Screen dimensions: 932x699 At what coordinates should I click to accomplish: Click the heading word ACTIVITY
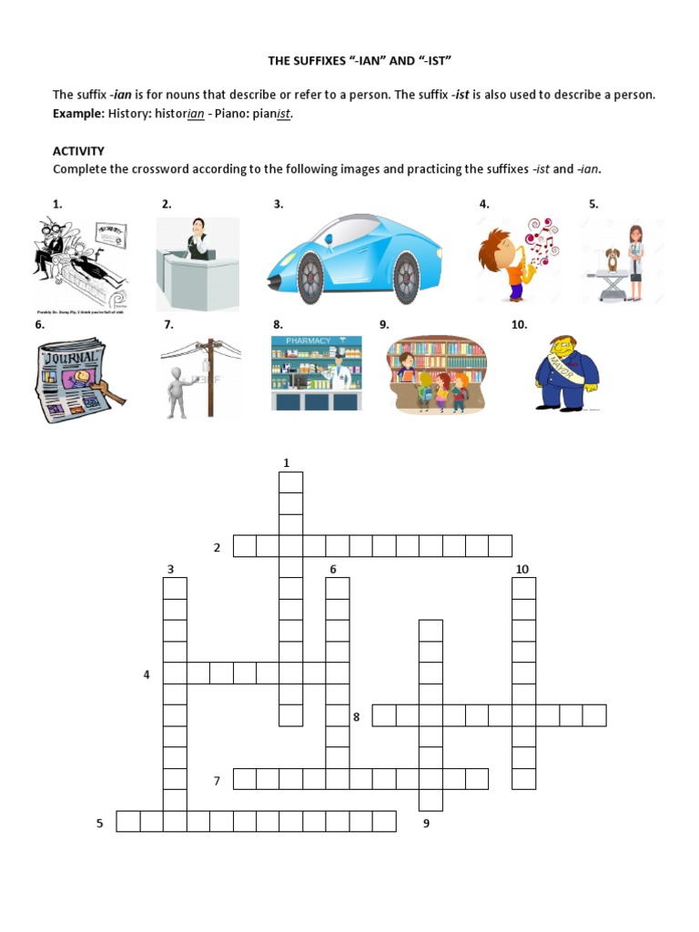click(78, 151)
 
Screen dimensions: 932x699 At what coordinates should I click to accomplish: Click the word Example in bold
click(77, 114)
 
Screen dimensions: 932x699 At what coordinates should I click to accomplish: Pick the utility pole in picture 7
click(210, 377)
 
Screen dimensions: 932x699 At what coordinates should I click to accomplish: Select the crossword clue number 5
click(100, 824)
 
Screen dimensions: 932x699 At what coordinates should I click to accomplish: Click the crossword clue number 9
click(426, 824)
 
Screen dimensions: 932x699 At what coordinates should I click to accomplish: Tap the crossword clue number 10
click(522, 570)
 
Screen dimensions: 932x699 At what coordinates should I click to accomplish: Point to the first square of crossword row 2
click(244, 546)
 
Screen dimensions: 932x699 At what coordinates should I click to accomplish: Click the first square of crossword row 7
click(244, 779)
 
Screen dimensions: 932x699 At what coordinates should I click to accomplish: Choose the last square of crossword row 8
click(594, 715)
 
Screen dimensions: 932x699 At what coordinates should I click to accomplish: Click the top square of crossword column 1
click(290, 482)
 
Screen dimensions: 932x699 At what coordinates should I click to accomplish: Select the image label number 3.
click(279, 205)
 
